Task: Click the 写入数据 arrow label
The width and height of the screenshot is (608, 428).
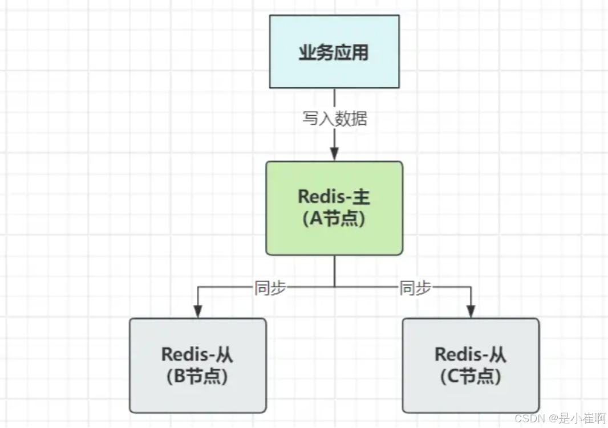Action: (x=334, y=119)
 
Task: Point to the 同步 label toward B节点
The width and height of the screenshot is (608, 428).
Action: (x=270, y=288)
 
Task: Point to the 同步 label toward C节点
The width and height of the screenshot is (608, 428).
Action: (x=415, y=288)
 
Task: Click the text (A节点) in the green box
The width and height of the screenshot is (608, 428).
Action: (x=334, y=219)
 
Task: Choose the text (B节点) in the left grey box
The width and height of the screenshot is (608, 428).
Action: (x=197, y=376)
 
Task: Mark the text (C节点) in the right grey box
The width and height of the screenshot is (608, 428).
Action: (x=471, y=376)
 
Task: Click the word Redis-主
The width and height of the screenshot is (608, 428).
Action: (x=334, y=197)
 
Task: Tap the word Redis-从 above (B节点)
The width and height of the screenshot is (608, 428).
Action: (x=197, y=354)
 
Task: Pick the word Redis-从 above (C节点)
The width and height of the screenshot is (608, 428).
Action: (x=471, y=354)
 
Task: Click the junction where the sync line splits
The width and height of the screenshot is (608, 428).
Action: (x=334, y=287)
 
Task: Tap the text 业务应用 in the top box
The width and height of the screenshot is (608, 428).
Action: (x=334, y=52)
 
